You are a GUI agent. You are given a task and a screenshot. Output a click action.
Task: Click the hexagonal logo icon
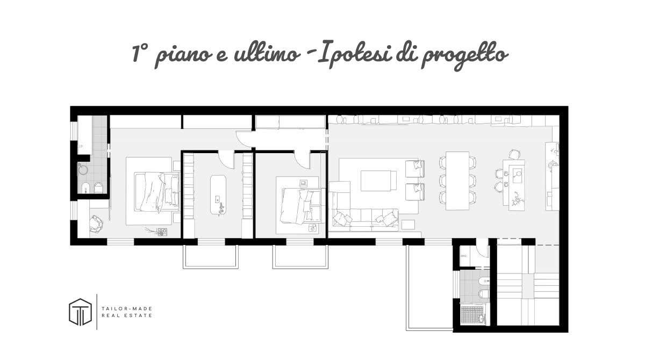tap(80, 311)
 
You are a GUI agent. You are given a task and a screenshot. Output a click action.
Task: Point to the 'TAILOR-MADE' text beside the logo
tap(126, 308)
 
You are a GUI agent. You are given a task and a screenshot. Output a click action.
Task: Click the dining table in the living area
tap(457, 180)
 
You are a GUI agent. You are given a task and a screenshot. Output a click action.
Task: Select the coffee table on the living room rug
tap(378, 180)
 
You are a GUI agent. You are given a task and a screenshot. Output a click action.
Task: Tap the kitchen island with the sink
tap(517, 184)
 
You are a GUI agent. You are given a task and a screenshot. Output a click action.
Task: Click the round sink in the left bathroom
tap(83, 169)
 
